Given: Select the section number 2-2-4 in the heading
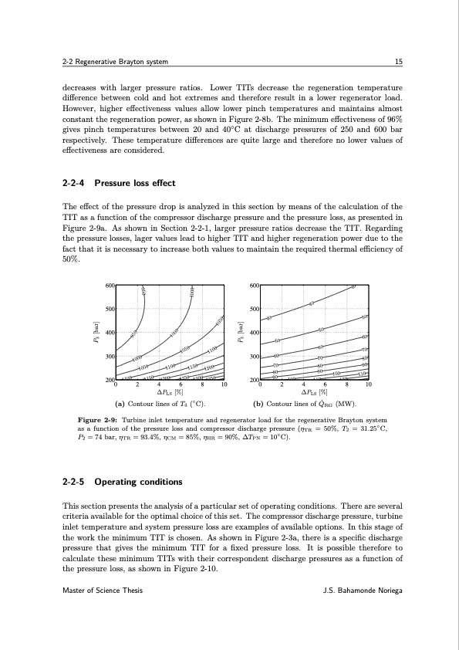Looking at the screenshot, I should pyautogui.click(x=73, y=183).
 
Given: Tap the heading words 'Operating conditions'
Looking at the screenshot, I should pyautogui.click(x=138, y=482).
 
